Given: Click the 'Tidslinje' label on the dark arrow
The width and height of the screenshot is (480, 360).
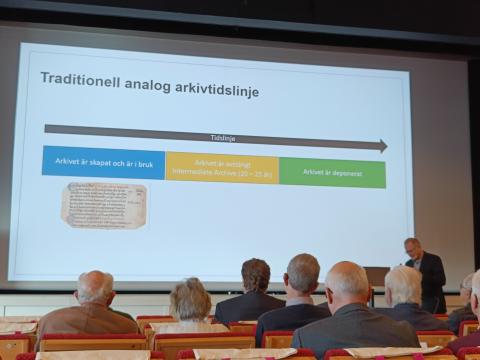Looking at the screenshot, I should point(223,139).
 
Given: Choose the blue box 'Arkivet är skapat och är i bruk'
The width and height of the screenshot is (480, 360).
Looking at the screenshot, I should point(103,162).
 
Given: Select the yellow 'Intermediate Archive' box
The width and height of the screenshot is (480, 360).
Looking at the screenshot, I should point(222,167).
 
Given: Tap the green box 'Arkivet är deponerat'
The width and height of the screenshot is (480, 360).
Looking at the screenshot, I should point(332,172).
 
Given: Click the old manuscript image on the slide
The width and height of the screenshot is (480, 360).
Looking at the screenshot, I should point(103,205).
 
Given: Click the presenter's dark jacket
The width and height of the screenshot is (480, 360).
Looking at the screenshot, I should point(430,277).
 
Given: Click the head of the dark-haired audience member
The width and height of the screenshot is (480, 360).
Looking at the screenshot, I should point(256,275).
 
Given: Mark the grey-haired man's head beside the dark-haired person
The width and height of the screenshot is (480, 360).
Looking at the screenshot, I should point(301,272).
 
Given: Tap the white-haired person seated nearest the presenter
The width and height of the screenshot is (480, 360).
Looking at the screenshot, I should point(404,285).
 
